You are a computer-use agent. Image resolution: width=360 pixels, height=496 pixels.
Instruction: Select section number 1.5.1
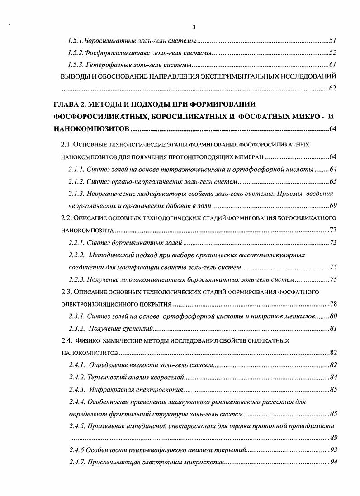75,41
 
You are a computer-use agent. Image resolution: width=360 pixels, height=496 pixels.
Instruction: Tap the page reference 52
332,52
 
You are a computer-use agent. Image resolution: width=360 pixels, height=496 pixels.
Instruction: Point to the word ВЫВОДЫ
74,76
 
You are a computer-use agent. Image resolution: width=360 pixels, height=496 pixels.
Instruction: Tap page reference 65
333,181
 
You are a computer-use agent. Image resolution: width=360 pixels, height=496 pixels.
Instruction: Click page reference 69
333,206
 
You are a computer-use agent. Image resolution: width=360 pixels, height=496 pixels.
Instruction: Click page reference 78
333,304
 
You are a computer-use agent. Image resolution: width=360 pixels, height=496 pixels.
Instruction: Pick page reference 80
333,316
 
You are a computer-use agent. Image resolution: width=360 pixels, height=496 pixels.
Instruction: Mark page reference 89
333,438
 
